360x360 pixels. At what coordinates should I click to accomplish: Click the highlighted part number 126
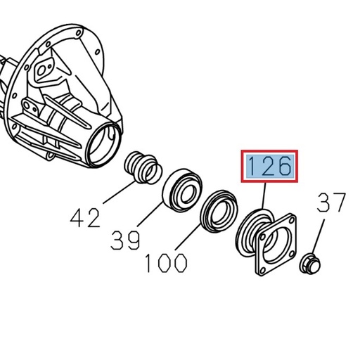tap(270, 166)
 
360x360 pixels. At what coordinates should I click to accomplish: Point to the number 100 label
tap(166, 263)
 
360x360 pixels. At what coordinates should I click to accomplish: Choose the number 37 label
tap(331, 203)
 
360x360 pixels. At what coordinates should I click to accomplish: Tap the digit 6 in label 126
tap(283, 166)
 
